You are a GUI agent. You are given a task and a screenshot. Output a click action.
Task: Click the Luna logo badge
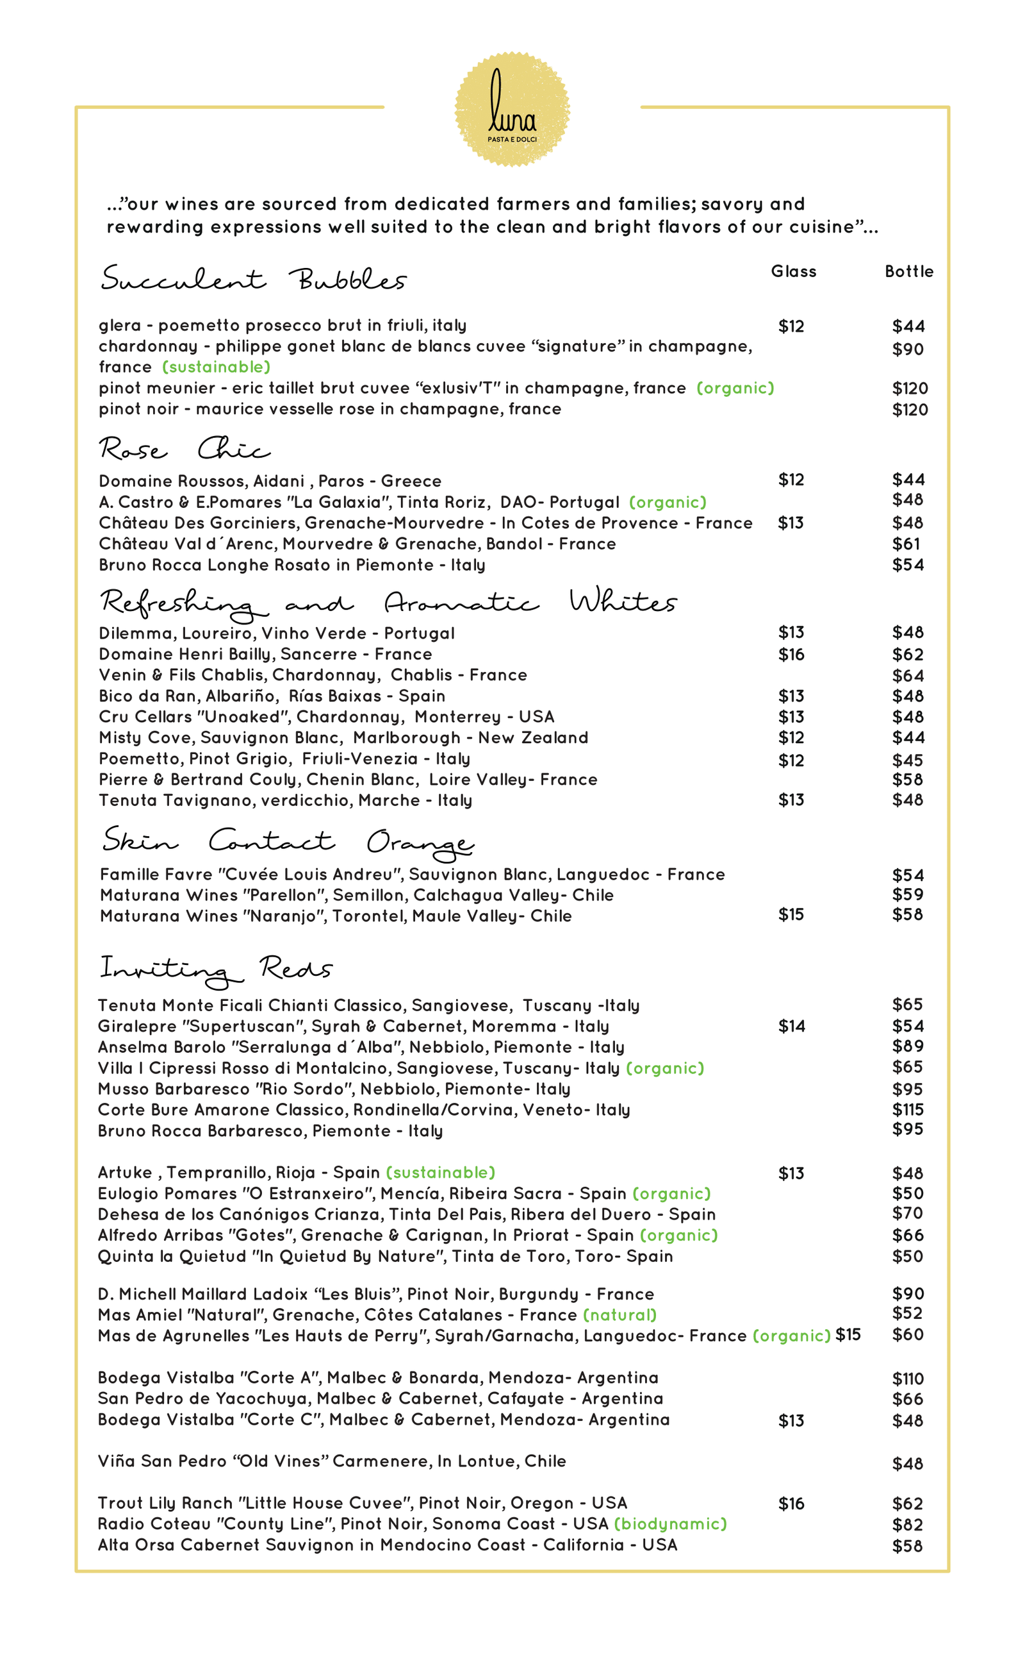512,109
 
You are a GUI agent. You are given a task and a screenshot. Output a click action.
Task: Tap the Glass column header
793,271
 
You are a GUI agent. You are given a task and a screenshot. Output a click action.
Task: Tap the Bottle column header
908,271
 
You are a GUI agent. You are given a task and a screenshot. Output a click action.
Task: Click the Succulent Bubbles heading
253,279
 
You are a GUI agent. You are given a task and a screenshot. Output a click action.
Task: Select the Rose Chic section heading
184,449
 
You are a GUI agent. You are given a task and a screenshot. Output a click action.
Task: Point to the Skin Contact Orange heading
288,842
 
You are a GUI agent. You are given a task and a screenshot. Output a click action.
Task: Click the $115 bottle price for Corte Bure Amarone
907,1110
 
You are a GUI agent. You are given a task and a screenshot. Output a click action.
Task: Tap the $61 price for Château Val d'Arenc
906,544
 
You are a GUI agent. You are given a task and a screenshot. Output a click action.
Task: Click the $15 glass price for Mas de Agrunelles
848,1335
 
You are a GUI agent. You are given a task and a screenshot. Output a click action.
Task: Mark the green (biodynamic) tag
670,1524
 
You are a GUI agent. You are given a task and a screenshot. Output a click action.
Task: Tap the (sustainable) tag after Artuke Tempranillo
441,1173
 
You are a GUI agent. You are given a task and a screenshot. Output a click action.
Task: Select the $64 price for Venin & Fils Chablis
907,676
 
